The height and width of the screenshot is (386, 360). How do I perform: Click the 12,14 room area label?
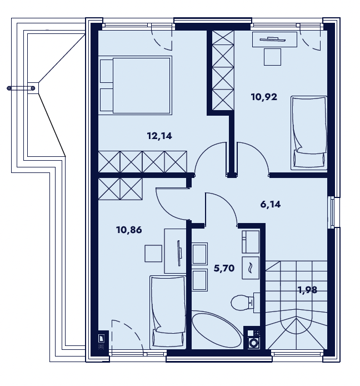click(x=159, y=136)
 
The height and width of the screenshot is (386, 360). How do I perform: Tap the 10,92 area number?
click(x=264, y=97)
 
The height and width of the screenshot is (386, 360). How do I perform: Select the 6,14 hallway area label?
click(x=271, y=204)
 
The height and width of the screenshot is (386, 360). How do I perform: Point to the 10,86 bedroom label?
click(x=129, y=230)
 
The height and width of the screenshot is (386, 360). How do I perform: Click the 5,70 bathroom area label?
click(x=224, y=268)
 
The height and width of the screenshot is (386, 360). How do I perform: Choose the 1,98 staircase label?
click(x=307, y=290)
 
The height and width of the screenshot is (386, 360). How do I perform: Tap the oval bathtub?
click(x=217, y=329)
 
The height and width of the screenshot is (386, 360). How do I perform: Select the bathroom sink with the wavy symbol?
click(x=251, y=268)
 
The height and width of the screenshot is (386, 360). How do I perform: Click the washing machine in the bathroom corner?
click(x=253, y=343)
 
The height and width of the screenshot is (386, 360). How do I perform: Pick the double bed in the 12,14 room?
click(x=135, y=85)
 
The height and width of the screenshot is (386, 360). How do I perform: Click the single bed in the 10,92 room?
click(x=309, y=133)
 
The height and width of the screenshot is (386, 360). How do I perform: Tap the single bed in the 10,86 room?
click(x=168, y=313)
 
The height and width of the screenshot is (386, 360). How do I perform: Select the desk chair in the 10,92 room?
click(x=272, y=57)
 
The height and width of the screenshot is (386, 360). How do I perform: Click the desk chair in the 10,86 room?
click(x=153, y=253)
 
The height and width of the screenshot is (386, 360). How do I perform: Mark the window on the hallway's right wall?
click(x=333, y=212)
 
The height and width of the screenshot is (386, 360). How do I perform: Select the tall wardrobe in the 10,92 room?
click(x=223, y=71)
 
